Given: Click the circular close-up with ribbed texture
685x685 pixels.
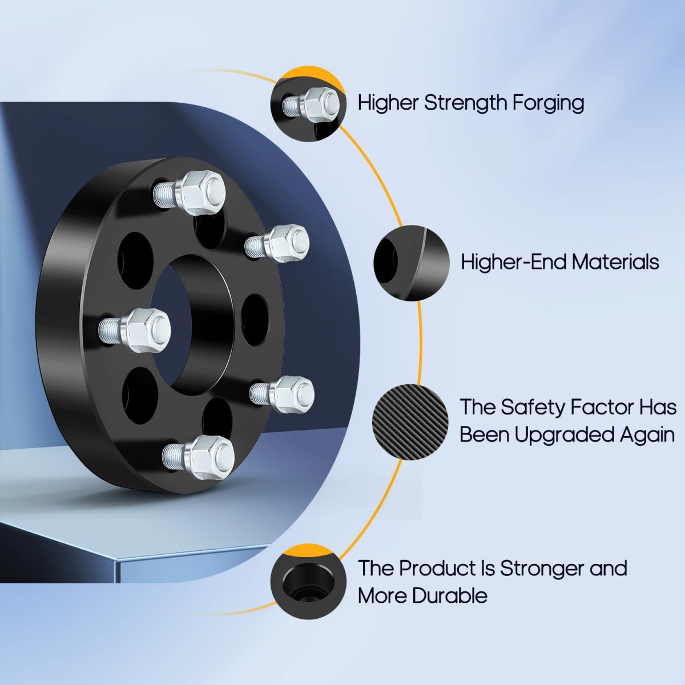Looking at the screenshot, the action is point(410,422).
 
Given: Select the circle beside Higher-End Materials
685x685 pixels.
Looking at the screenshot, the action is point(411,263).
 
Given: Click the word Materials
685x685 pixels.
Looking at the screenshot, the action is point(615,263).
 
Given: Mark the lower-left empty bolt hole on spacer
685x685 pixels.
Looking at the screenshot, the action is point(140,391).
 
